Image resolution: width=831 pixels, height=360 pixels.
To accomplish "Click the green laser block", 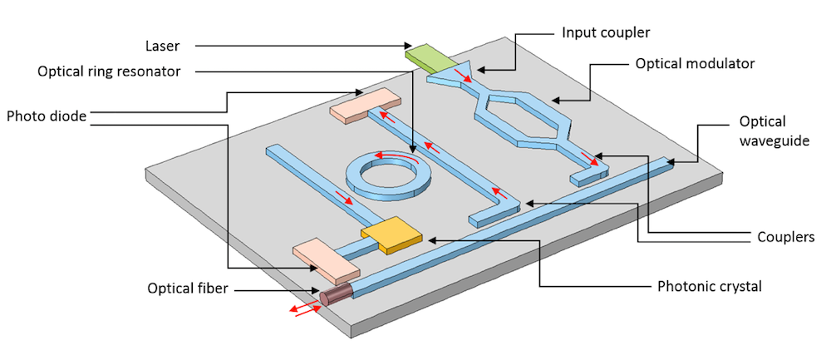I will (x=425, y=56).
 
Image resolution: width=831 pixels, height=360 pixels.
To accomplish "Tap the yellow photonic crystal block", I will (x=391, y=234).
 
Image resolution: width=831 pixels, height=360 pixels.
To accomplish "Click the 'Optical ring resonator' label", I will (x=109, y=72).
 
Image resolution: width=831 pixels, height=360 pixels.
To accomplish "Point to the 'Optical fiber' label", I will (x=190, y=289).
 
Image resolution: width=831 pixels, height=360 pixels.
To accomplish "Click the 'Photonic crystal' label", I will (x=710, y=287).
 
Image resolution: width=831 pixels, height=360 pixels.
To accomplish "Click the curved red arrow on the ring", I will (x=393, y=155).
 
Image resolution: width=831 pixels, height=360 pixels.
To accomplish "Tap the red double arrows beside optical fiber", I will (x=302, y=308).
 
